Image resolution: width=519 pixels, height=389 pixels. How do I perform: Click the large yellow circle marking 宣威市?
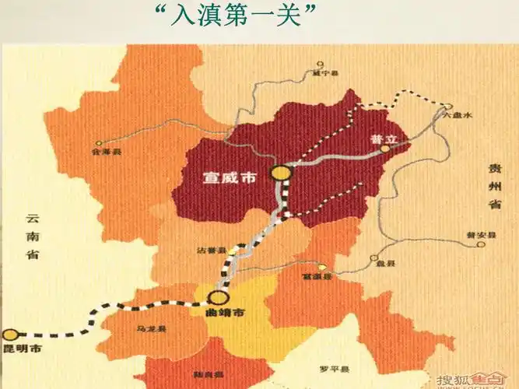(279, 173)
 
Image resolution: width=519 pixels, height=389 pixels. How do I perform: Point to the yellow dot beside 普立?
(384, 148)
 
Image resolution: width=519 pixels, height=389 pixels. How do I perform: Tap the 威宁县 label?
(325, 74)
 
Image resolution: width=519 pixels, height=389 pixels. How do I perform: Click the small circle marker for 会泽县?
(99, 143)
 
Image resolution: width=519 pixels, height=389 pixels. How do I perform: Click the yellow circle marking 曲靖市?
(219, 296)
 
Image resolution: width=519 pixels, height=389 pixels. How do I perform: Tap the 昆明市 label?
(21, 349)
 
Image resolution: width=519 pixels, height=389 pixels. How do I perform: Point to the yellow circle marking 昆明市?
(9, 335)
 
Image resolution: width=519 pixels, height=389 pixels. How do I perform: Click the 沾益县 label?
(211, 251)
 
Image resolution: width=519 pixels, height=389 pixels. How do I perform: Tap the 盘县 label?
(380, 264)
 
